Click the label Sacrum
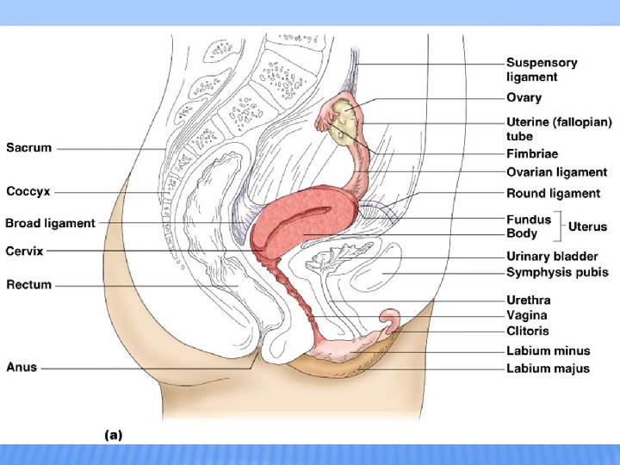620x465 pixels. (29, 148)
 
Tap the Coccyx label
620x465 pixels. (30, 191)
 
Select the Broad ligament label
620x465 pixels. (50, 223)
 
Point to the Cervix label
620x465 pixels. (24, 251)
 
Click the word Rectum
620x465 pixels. (28, 284)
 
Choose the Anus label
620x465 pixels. (22, 367)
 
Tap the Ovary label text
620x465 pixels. (524, 98)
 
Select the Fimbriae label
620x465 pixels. (531, 154)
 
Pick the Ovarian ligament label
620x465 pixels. (556, 172)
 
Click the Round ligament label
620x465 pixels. (553, 194)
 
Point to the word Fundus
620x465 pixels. (529, 220)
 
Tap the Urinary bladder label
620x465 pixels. (552, 257)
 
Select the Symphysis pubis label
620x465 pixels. (557, 272)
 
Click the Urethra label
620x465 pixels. (528, 300)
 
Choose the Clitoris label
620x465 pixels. (527, 331)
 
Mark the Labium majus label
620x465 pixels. (548, 369)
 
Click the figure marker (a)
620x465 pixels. (113, 436)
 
